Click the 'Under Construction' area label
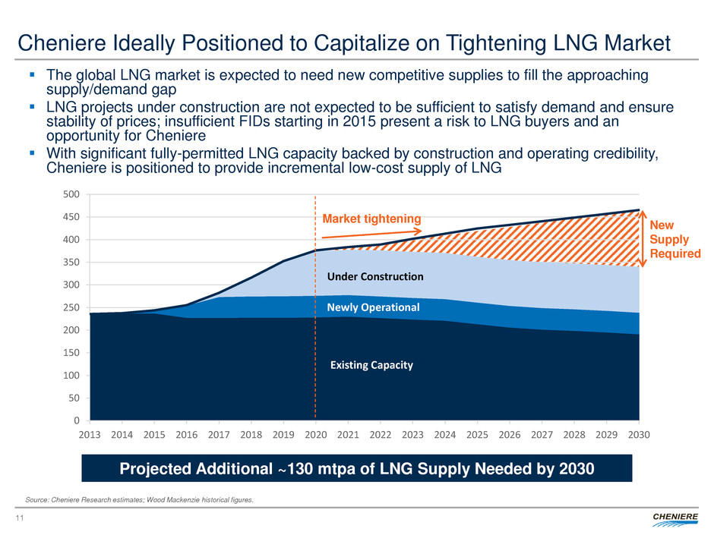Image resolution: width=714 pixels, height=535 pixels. click(375, 276)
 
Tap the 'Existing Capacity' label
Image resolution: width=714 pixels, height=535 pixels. click(371, 365)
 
